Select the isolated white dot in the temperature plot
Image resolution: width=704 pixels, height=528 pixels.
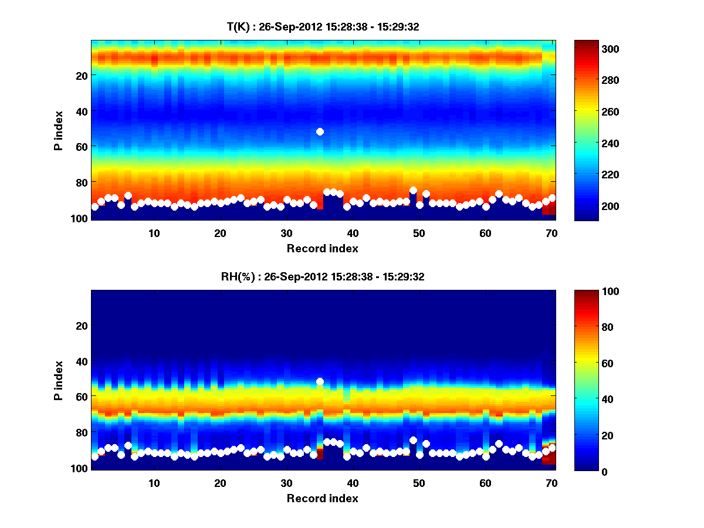pyautogui.click(x=320, y=131)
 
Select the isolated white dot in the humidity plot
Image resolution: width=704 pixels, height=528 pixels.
pyautogui.click(x=320, y=381)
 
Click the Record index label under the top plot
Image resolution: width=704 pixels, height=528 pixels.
pyautogui.click(x=323, y=248)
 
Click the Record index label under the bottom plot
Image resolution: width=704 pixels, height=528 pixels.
pyautogui.click(x=323, y=498)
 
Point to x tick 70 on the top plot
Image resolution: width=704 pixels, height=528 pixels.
pyautogui.click(x=552, y=233)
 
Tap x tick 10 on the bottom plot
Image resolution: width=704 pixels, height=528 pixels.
pyautogui.click(x=154, y=483)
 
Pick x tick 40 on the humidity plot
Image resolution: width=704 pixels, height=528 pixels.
pyautogui.click(x=353, y=483)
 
